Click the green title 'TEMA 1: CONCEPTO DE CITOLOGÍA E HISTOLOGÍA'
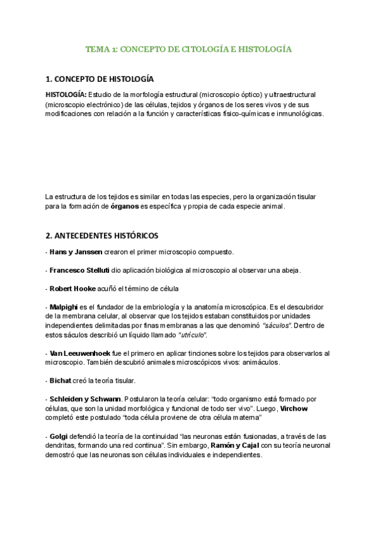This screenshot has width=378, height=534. pyautogui.click(x=189, y=48)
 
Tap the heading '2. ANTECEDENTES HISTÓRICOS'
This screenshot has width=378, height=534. pyautogui.click(x=102, y=236)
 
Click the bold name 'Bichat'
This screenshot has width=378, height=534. pyautogui.click(x=60, y=381)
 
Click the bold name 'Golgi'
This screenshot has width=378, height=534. pyautogui.click(x=59, y=436)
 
